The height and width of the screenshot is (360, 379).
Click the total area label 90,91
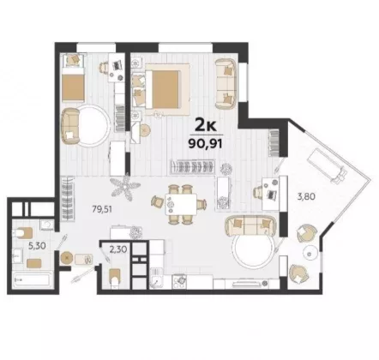[205, 143]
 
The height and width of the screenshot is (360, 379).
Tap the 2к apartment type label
[206, 125]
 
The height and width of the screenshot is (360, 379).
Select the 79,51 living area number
[102, 209]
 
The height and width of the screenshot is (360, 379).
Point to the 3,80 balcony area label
[305, 196]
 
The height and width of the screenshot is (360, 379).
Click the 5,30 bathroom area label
[37, 245]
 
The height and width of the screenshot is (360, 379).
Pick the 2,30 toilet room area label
[118, 250]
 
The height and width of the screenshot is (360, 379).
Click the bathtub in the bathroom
[32, 279]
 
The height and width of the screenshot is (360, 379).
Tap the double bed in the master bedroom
[166, 89]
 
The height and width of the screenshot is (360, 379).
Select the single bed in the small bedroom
[74, 84]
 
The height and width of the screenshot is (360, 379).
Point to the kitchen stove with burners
[179, 281]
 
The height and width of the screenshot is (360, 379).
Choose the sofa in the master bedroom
[226, 84]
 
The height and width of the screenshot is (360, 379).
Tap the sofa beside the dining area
[250, 225]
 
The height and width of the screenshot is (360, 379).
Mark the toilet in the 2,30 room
[115, 278]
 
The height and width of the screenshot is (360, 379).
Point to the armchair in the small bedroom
[70, 126]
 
